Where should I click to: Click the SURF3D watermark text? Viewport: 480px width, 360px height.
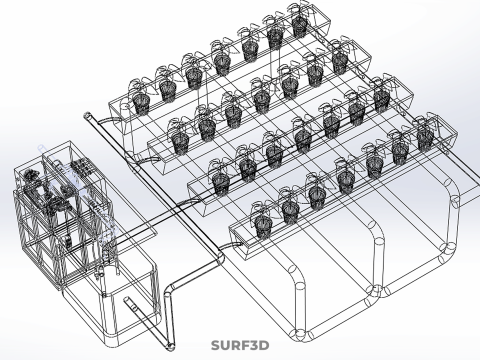(x=240, y=345)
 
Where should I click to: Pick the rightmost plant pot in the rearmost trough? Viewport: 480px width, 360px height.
(x=299, y=27)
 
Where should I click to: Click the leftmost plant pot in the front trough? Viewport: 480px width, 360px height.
(x=262, y=226)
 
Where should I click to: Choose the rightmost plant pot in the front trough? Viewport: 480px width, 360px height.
(x=425, y=136)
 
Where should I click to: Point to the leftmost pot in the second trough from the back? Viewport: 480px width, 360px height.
(x=180, y=143)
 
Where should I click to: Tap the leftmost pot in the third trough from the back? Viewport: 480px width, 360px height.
(x=221, y=182)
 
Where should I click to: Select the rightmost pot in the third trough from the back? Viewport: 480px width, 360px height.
(x=381, y=99)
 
